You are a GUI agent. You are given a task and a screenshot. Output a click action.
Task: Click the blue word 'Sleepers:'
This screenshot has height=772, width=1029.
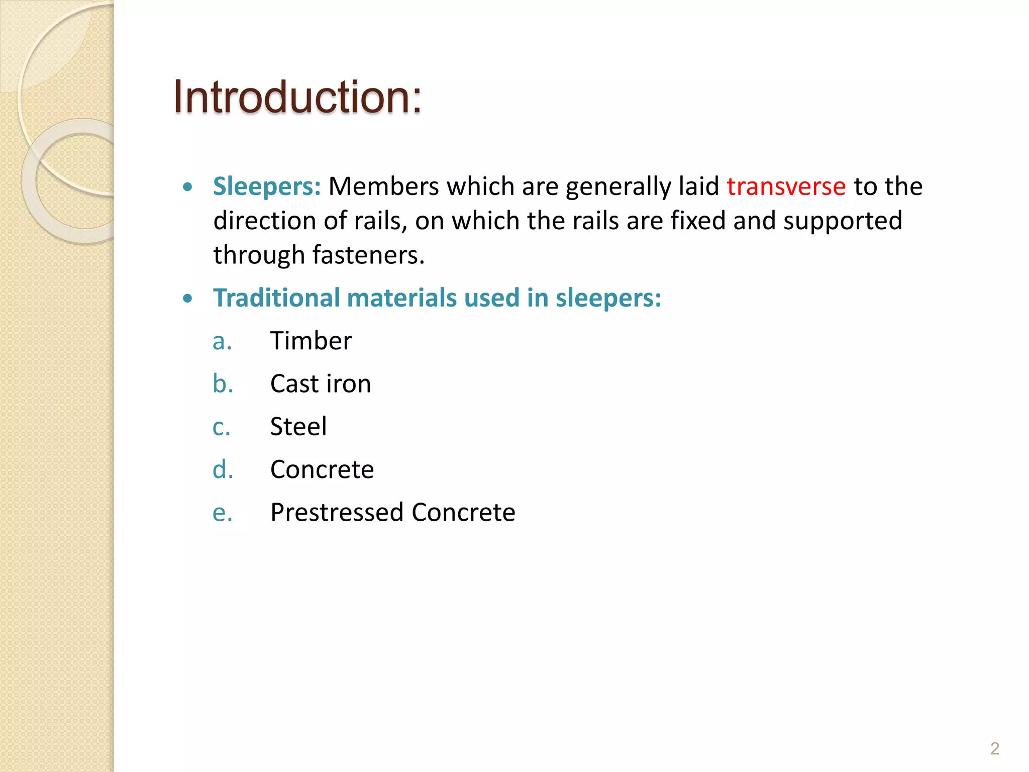267,186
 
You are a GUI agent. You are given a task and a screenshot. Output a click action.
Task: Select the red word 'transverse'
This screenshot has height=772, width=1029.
786,186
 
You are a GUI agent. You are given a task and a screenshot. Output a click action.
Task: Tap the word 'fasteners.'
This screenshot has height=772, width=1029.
369,255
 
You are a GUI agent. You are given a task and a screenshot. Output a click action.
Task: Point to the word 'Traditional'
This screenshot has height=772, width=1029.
276,298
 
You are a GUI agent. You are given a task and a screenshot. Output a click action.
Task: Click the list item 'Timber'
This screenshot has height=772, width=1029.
311,341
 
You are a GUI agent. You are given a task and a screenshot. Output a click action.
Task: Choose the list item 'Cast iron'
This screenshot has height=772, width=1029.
321,383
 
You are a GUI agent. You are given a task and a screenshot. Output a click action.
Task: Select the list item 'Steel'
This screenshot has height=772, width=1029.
298,427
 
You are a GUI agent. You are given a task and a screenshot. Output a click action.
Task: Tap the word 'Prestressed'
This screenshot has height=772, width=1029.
337,513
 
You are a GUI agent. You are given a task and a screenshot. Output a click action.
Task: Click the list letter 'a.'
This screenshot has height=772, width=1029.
222,342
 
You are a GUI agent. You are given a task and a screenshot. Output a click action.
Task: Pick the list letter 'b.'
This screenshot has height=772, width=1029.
223,384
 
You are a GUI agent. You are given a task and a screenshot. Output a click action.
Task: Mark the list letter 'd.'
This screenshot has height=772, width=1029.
223,469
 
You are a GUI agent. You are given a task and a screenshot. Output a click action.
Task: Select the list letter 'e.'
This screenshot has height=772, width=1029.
222,513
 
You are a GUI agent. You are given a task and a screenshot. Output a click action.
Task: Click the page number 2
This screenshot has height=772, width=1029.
994,748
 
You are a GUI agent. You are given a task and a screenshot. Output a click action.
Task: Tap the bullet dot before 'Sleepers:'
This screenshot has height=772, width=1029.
188,187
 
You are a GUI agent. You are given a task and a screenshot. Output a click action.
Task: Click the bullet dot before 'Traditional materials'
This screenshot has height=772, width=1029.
188,299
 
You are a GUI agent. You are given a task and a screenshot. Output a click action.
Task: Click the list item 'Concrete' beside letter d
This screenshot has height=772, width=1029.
322,469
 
